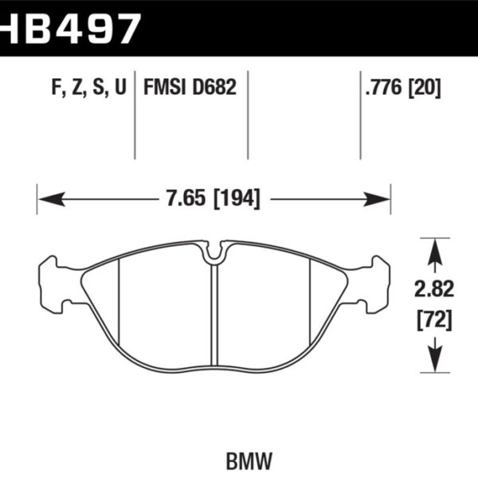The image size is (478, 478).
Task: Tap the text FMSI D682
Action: [x=190, y=88]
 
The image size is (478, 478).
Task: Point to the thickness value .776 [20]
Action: [x=402, y=88]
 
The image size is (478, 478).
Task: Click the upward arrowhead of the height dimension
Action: [x=433, y=247]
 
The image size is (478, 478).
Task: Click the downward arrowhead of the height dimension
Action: [x=433, y=362]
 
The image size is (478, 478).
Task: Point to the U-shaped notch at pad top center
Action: [x=214, y=253]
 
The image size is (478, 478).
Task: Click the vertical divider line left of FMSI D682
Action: [x=134, y=119]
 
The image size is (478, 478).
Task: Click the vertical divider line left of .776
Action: [x=361, y=119]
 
